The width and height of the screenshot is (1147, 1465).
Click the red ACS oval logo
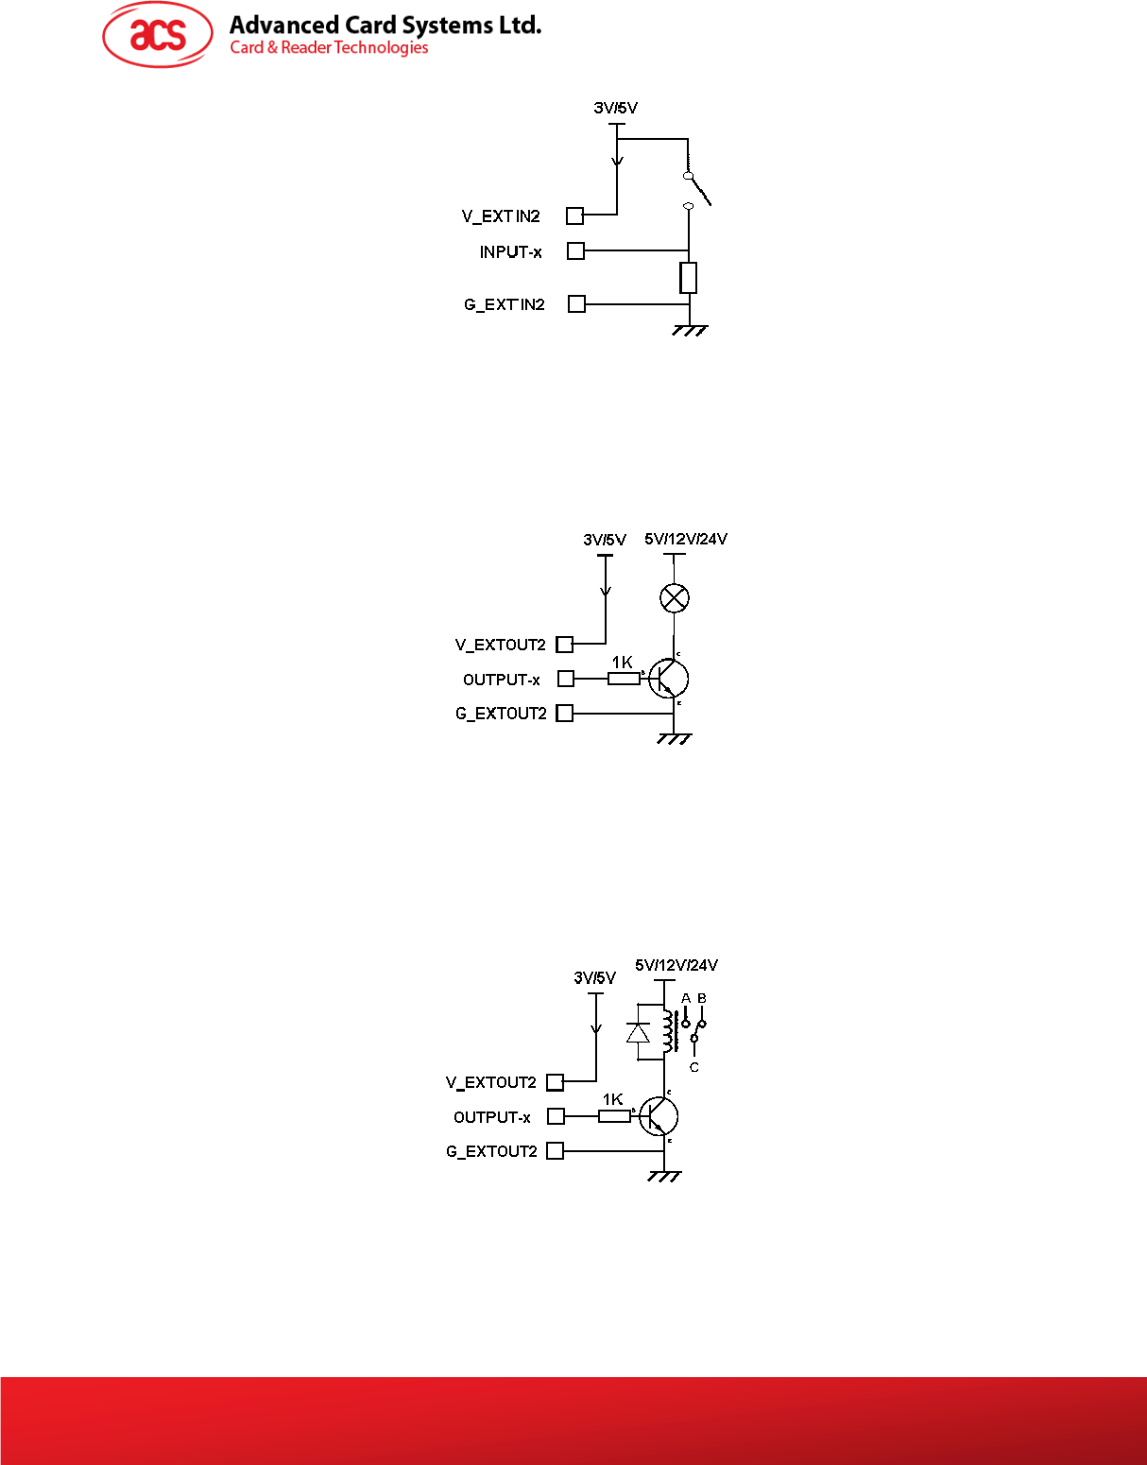coord(158,35)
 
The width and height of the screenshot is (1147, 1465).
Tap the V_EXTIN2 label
coord(501,216)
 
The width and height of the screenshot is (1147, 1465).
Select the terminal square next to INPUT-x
coord(575,250)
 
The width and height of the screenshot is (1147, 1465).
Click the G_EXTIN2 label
coord(504,304)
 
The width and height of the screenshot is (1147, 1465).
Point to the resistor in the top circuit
coord(689,278)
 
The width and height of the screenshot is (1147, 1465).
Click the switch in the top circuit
coord(696,189)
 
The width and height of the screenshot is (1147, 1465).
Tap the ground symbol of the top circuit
coord(690,330)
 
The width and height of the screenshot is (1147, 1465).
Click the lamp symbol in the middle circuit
coord(674,597)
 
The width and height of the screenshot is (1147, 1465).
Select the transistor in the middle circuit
coord(669,679)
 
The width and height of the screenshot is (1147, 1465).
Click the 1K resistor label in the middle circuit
coord(622,663)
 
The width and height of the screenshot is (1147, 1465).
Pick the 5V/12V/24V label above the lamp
coord(686,540)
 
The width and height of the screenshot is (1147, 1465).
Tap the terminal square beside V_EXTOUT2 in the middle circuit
coord(565,645)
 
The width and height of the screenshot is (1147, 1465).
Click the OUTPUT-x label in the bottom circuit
coord(491,1117)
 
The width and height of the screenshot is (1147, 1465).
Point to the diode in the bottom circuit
coord(639,1033)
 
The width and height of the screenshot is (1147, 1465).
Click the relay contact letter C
coord(694,1067)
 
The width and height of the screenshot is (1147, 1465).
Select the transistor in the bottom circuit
coord(659,1116)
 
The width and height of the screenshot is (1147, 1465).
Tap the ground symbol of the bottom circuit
coord(664,1177)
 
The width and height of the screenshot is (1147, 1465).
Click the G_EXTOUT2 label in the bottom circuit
coord(491,1151)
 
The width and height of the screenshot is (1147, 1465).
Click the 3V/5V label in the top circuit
coord(615,108)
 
